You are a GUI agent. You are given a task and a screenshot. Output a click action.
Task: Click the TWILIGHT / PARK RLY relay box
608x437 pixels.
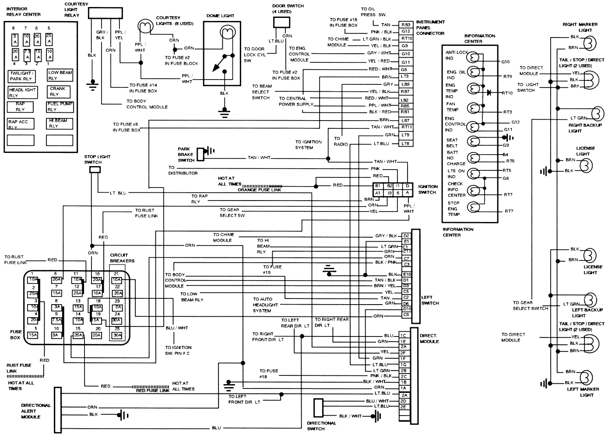point(21,76)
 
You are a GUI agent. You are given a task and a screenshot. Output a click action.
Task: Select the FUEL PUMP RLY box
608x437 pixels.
point(60,107)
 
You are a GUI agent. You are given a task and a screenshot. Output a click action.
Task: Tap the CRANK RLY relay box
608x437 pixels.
point(60,91)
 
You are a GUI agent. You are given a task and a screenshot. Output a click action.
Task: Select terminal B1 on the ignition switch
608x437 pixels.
point(378,186)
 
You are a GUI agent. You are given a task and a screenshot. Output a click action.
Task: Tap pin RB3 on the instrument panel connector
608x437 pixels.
point(405,25)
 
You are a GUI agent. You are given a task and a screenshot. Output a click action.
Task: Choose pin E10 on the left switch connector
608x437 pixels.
point(407,274)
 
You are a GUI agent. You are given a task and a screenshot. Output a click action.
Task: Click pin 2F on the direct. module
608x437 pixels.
point(403,353)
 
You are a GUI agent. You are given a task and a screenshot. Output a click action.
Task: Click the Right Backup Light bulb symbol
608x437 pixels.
point(597,114)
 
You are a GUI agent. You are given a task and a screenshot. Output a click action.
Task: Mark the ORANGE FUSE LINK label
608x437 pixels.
point(260,190)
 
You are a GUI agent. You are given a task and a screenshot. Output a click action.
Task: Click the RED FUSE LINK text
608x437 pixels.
point(152,391)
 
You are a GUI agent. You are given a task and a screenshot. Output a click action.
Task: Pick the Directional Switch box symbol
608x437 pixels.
point(318,408)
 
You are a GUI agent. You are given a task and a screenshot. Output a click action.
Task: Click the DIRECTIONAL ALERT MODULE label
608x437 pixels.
point(36,411)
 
